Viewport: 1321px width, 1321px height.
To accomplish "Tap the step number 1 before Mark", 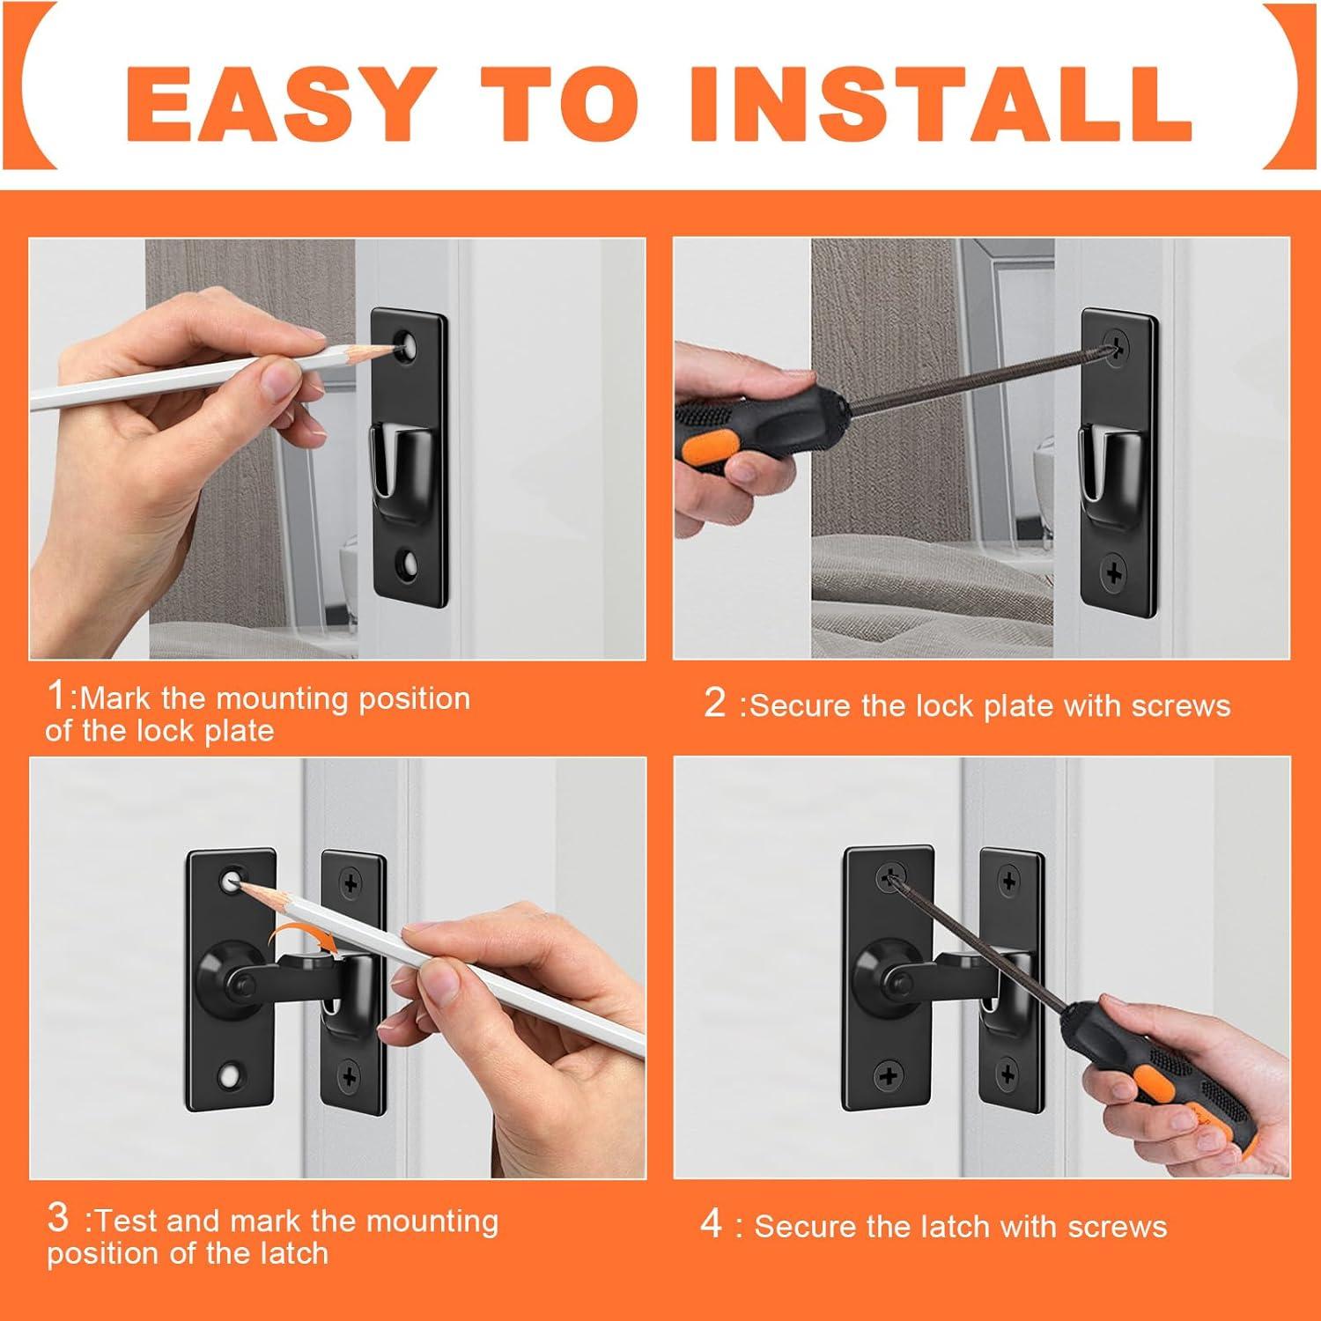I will (55, 696).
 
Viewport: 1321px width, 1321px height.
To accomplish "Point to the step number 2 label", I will (714, 704).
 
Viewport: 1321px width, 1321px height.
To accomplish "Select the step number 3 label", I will (57, 1218).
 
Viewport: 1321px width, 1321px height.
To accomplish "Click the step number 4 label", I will (712, 1224).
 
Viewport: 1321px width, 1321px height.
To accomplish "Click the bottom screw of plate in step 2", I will (1116, 573).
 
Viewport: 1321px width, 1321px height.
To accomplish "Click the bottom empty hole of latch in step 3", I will (232, 1074).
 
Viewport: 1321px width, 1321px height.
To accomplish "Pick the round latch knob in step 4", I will (888, 982).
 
